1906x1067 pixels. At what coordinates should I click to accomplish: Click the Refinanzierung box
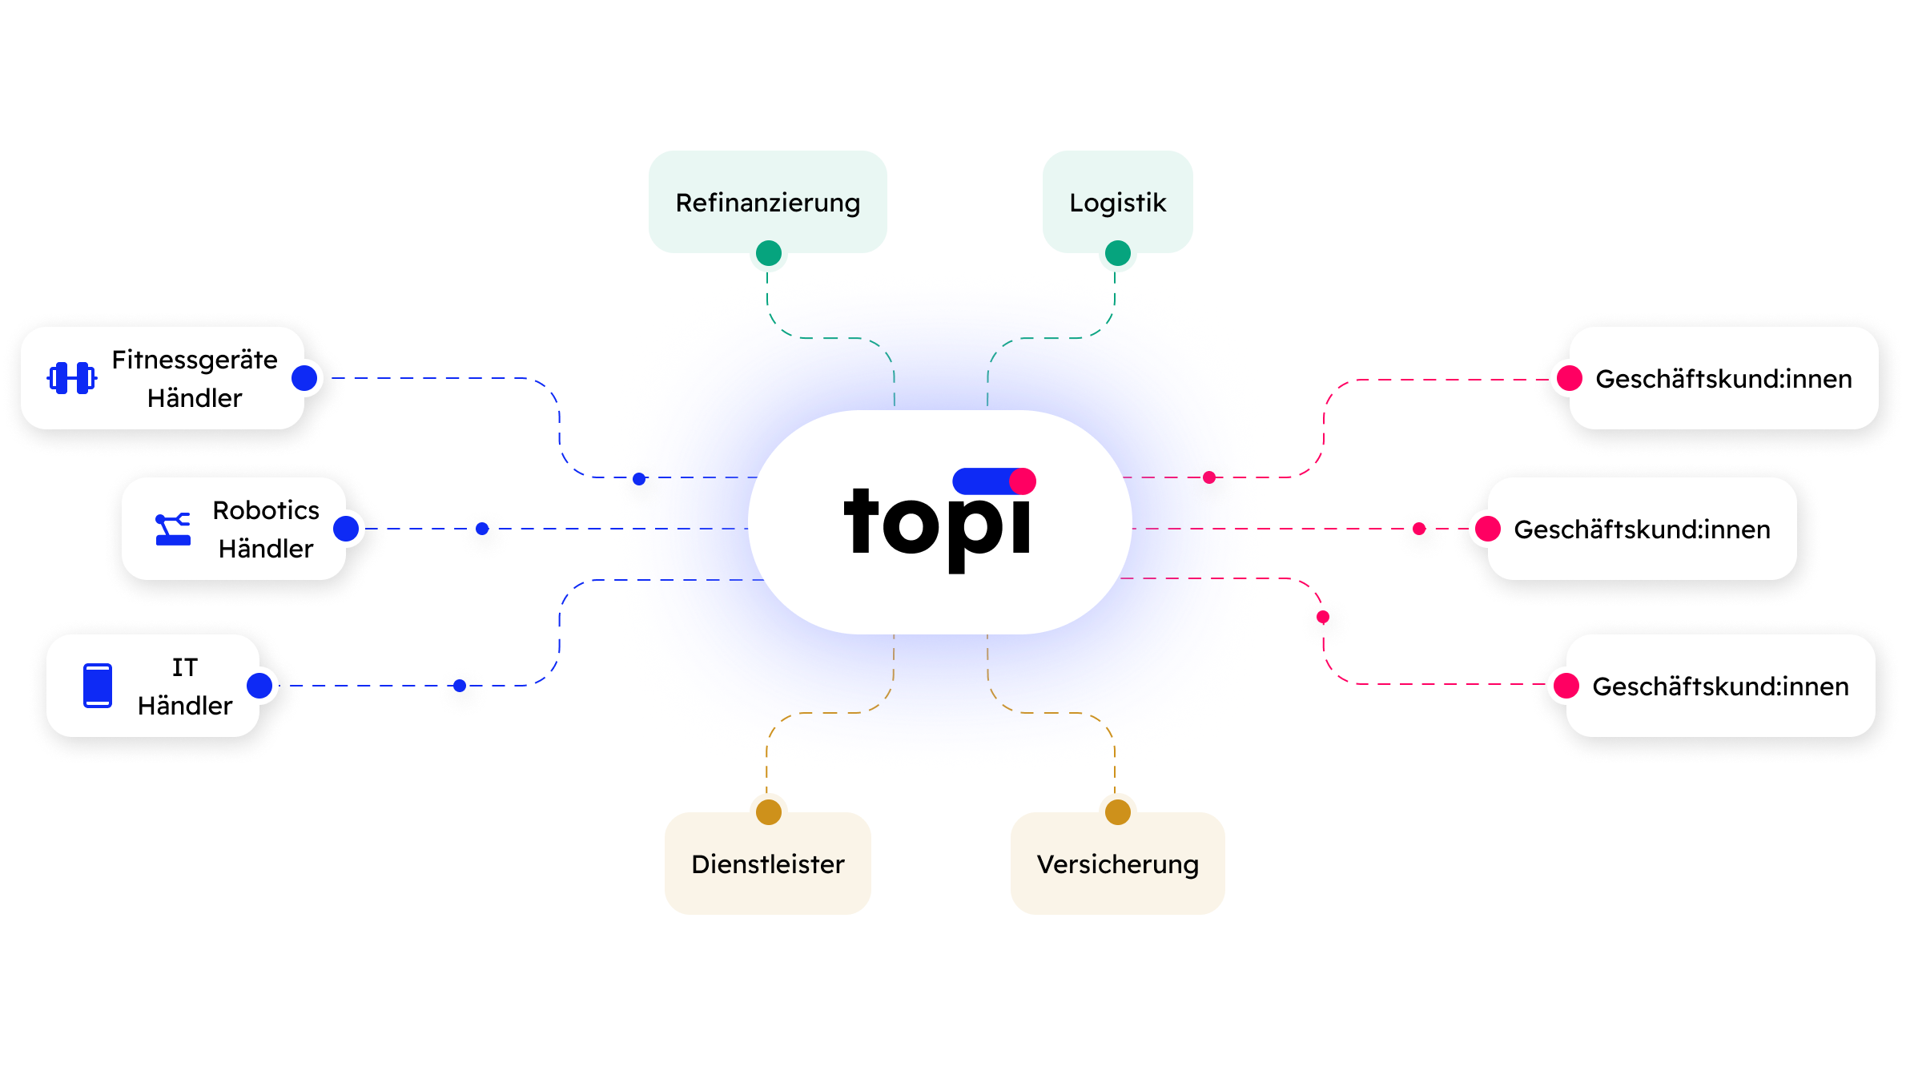coord(767,202)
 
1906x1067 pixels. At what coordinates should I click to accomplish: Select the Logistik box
coord(1117,202)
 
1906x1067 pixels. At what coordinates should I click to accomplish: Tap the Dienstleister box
coord(767,864)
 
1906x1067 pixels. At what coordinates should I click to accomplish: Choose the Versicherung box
coord(1117,864)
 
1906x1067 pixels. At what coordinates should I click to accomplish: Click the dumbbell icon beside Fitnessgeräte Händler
coord(72,378)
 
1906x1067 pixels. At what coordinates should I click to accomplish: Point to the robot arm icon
coord(173,529)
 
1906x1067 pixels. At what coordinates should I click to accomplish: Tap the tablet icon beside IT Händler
coord(98,686)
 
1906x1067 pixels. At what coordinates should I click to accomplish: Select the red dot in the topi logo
coord(1023,481)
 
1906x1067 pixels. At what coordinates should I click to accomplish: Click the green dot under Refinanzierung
coord(769,253)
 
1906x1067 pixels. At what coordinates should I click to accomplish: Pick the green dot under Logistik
coord(1118,253)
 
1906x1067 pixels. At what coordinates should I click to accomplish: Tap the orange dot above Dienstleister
coord(769,811)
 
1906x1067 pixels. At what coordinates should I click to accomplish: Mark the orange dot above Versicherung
coord(1118,811)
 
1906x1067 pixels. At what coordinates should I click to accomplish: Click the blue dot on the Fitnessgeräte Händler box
coord(304,378)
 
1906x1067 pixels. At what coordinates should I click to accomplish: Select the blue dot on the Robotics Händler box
coord(346,529)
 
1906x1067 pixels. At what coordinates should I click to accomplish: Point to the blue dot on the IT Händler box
coord(259,686)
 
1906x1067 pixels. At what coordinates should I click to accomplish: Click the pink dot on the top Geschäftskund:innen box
coord(1570,378)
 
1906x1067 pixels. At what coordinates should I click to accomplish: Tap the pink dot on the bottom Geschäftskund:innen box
coord(1566,686)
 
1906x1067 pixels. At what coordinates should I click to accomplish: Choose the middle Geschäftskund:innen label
coord(1642,529)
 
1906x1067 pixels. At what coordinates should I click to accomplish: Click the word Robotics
coord(266,510)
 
